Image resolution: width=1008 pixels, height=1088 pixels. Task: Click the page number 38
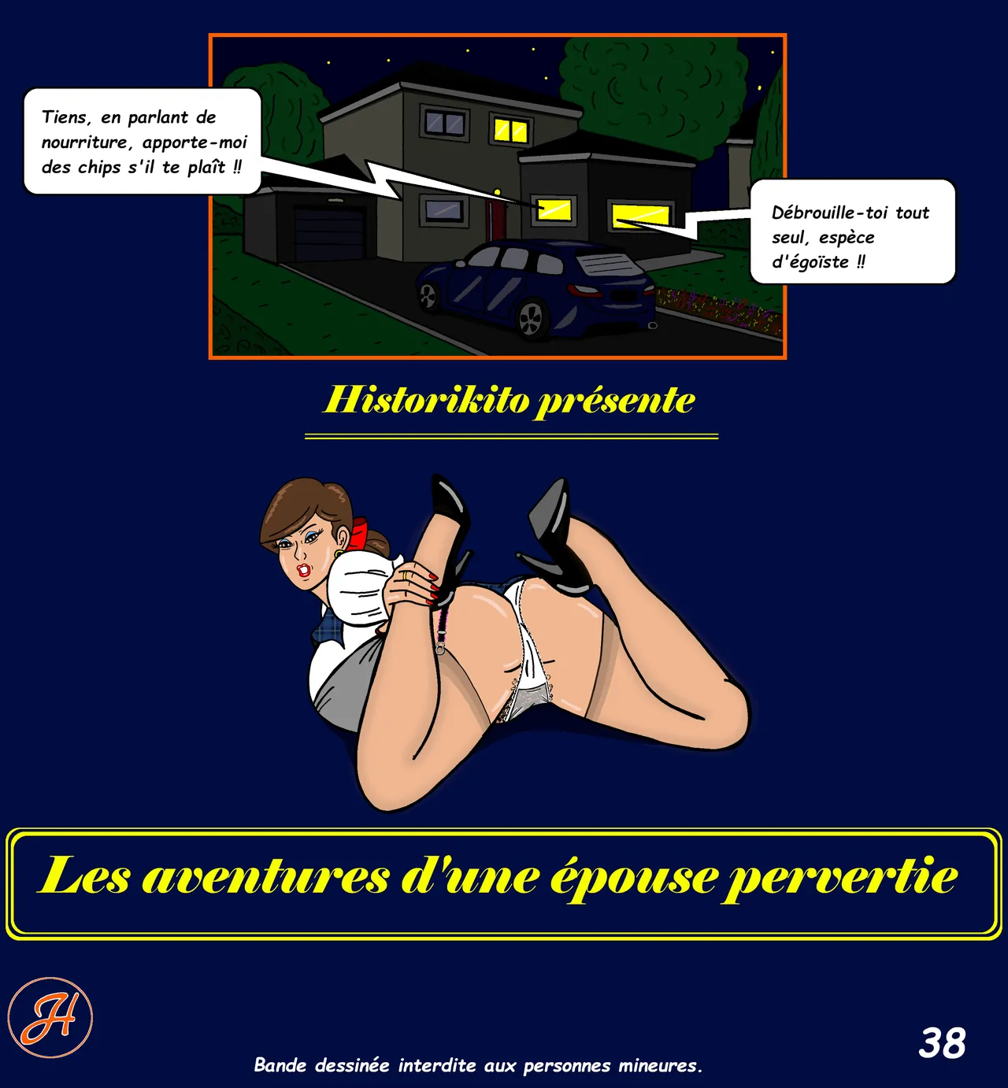(x=942, y=1043)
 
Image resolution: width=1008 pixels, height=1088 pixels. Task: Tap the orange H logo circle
(x=50, y=1018)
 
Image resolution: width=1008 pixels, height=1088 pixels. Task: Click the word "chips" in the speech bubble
(x=100, y=167)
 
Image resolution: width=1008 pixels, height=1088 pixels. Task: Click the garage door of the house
(x=329, y=232)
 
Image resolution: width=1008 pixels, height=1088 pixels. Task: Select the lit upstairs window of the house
(x=510, y=131)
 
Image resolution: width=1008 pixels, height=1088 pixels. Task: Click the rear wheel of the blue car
(x=531, y=318)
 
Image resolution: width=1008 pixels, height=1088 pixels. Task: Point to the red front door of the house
(x=490, y=216)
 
